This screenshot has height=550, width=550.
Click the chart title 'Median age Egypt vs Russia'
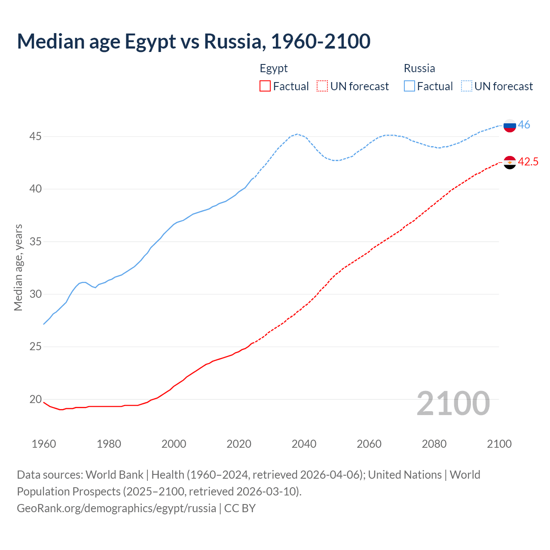(x=193, y=41)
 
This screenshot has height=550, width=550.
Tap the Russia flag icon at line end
(x=510, y=125)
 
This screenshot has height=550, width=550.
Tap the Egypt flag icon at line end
(x=510, y=162)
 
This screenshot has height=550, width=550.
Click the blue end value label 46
(x=524, y=125)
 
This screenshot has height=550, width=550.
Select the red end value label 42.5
(x=528, y=162)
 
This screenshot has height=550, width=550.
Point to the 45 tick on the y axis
(x=35, y=137)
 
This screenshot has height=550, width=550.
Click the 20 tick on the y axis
(x=35, y=400)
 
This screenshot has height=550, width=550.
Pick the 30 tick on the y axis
(x=35, y=294)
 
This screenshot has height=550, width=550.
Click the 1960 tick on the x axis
(x=44, y=444)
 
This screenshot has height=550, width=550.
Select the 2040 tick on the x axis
(x=304, y=444)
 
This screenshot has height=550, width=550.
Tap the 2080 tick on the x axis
(x=434, y=444)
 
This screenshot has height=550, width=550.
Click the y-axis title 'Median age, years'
(x=18, y=267)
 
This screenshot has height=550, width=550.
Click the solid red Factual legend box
(x=265, y=86)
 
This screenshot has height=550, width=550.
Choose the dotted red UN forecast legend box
(x=322, y=86)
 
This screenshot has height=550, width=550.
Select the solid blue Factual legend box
(x=409, y=86)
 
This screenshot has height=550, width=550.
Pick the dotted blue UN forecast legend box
(x=467, y=86)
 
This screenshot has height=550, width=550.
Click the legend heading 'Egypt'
(x=274, y=68)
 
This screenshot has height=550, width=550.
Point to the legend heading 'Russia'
(x=419, y=68)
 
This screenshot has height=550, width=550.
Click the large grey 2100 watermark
(x=453, y=403)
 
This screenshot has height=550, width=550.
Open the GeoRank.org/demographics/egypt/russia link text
(x=116, y=508)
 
